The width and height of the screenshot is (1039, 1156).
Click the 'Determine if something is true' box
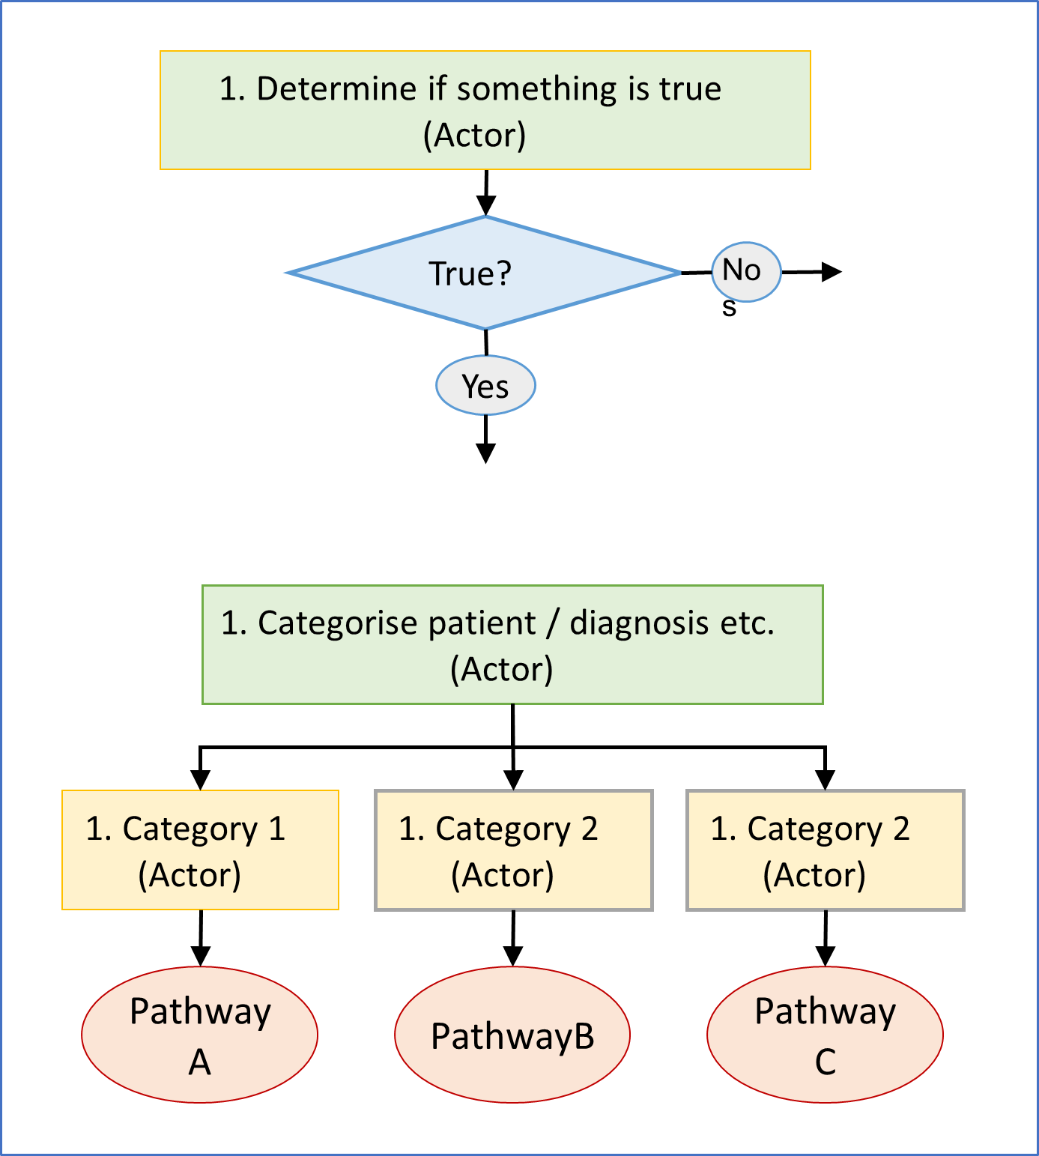(x=485, y=110)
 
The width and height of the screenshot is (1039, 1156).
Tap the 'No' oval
(x=746, y=271)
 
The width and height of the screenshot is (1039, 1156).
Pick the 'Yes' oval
(x=485, y=386)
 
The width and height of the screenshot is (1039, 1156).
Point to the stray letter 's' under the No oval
(x=729, y=307)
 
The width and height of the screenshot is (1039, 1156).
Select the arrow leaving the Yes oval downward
(x=485, y=442)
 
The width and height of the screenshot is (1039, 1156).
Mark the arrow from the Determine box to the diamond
(x=486, y=195)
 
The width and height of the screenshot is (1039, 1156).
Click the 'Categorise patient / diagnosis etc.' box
(x=512, y=644)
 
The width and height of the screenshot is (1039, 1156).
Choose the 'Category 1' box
(x=200, y=850)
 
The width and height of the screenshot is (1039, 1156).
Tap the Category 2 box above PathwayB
(x=513, y=850)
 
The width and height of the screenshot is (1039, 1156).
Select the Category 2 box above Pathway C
(x=825, y=850)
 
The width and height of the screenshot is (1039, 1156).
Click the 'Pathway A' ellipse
(x=199, y=1035)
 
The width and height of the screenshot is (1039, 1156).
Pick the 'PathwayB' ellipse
(x=512, y=1035)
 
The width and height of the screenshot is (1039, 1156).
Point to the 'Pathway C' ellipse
(x=825, y=1035)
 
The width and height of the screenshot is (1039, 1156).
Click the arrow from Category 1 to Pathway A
(x=200, y=939)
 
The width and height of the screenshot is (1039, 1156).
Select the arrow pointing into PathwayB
(x=513, y=939)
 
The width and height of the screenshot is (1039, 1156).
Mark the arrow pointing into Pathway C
(x=825, y=939)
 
